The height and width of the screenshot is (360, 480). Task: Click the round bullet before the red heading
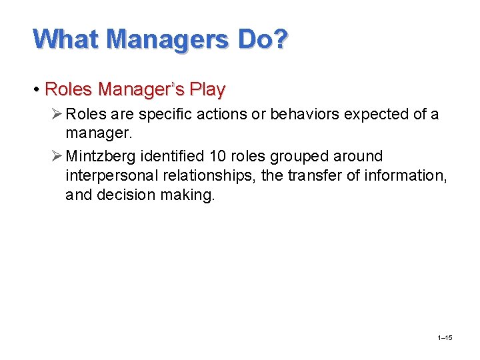coord(38,89)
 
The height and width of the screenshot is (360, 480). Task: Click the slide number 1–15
coord(445,339)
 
